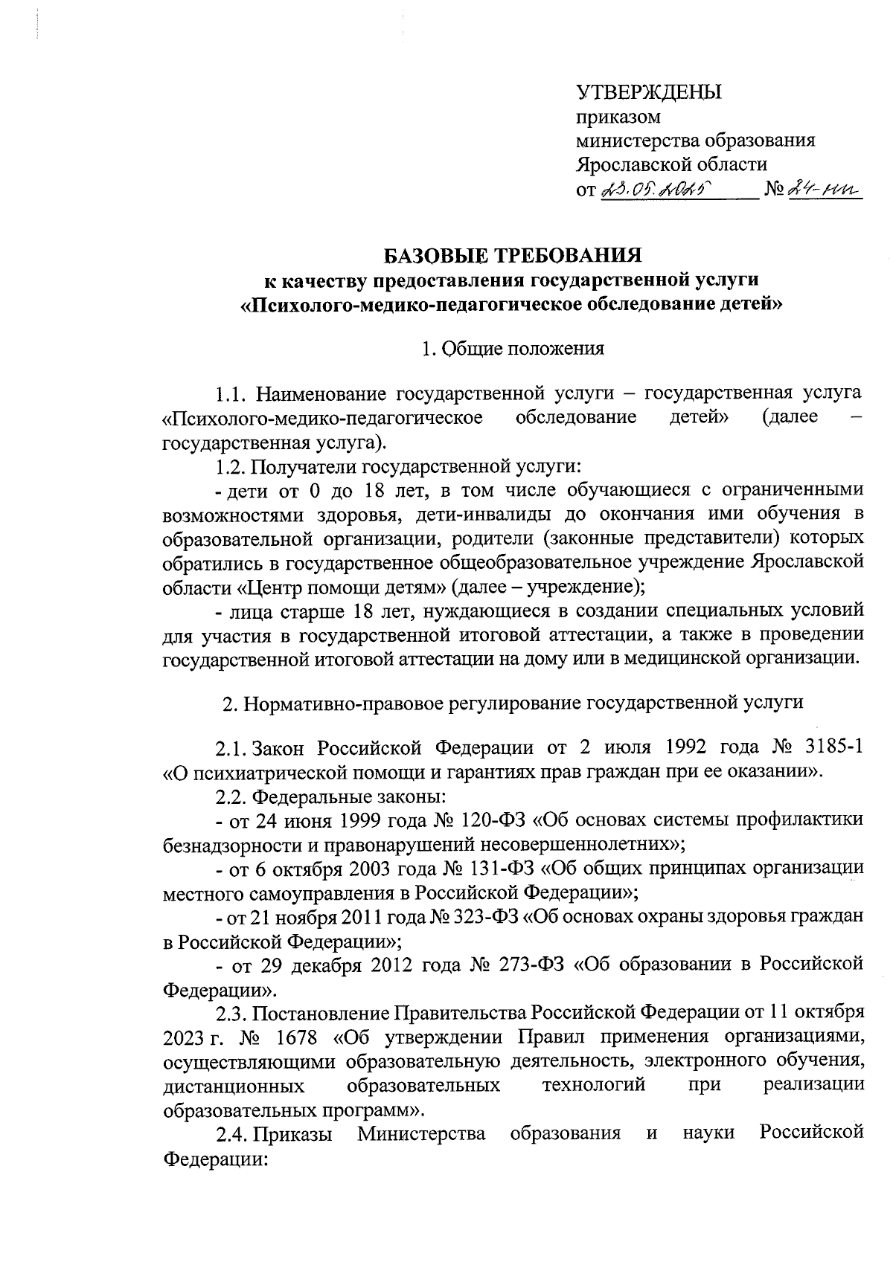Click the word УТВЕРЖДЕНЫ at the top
650,93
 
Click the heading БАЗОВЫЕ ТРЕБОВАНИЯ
512,257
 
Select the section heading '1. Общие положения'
512,348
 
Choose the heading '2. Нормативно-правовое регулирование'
513,703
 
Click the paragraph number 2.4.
231,1133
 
